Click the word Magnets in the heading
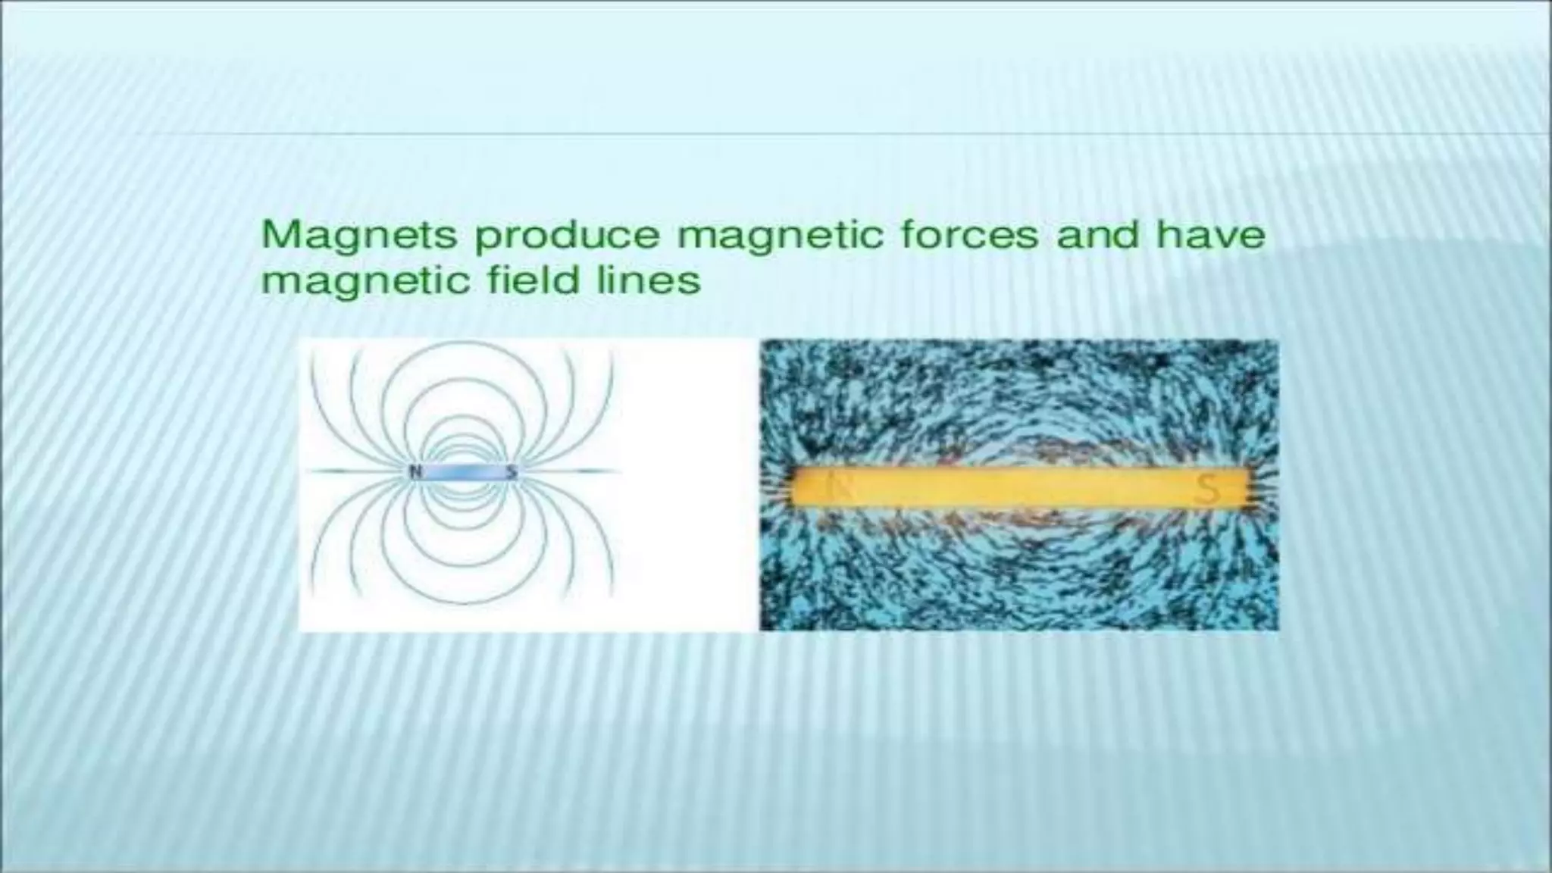pyautogui.click(x=359, y=236)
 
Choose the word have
pyautogui.click(x=1210, y=234)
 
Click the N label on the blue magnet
pyautogui.click(x=415, y=471)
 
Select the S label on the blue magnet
pyautogui.click(x=512, y=471)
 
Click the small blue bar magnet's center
pyautogui.click(x=463, y=472)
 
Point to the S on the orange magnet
pyautogui.click(x=1207, y=489)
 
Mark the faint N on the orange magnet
pyautogui.click(x=839, y=487)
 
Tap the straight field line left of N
pyautogui.click(x=356, y=471)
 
